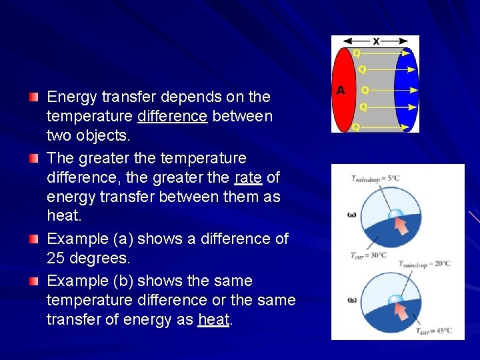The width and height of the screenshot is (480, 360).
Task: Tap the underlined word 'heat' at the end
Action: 213,320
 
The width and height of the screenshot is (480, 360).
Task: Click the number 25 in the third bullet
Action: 58,258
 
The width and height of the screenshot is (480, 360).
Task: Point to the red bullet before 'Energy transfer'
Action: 34,97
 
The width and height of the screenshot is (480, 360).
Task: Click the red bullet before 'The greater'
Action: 34,159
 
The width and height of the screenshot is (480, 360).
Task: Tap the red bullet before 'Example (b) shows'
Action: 34,281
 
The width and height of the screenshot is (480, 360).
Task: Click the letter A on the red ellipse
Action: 341,90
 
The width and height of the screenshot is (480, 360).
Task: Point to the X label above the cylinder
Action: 376,41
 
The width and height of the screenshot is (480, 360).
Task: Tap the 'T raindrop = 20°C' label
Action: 425,264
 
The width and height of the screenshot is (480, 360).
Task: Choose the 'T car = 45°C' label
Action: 434,331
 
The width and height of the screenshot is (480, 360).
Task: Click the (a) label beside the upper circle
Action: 352,215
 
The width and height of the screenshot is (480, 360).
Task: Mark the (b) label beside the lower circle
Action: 352,299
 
